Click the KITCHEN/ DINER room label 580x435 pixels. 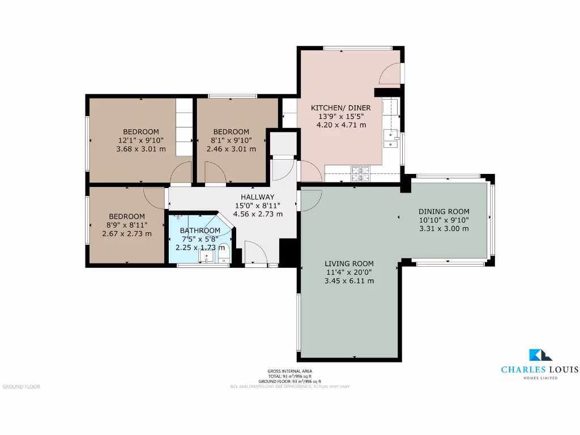pyautogui.click(x=341, y=108)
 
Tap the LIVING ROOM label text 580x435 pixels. pyautogui.click(x=349, y=263)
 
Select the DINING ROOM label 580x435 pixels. pyautogui.click(x=444, y=211)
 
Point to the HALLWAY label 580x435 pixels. pyautogui.click(x=258, y=197)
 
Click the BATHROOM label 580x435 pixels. pyautogui.click(x=200, y=231)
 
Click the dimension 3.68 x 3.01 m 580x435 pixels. pyautogui.click(x=141, y=149)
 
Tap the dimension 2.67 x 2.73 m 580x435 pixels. pyautogui.click(x=127, y=233)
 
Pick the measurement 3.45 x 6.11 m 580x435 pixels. pyautogui.click(x=349, y=281)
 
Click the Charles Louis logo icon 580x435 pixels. pyautogui.click(x=540, y=355)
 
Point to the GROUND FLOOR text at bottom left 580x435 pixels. pyautogui.click(x=22, y=387)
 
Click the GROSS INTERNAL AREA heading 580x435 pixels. pyautogui.click(x=290, y=371)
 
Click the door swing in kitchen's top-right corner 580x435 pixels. pyautogui.click(x=390, y=73)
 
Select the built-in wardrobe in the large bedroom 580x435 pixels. pyautogui.click(x=184, y=127)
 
